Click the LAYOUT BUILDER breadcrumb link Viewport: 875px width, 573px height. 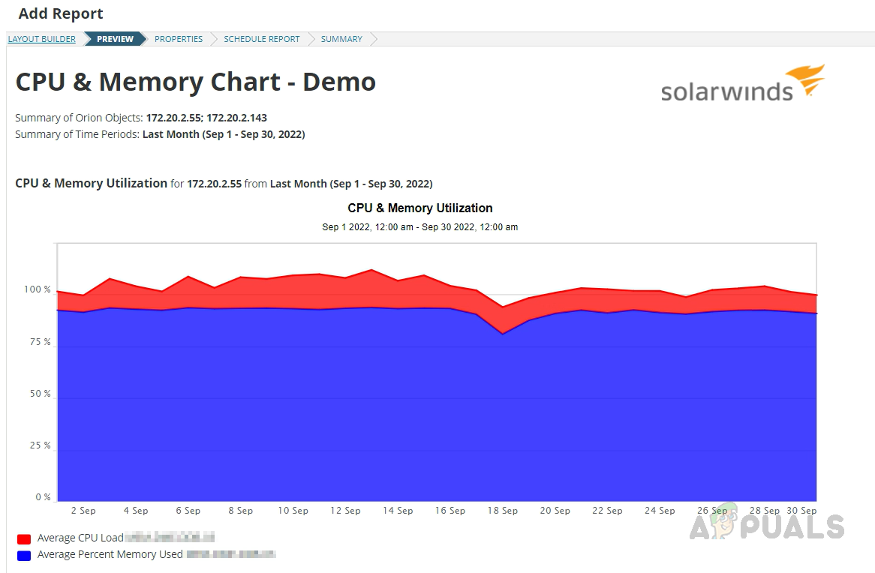(x=41, y=39)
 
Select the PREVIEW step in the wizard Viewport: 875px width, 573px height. (x=115, y=39)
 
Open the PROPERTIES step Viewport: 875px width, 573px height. (x=179, y=39)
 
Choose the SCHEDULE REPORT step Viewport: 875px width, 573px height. (x=261, y=39)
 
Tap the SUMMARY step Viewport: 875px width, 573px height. (x=341, y=39)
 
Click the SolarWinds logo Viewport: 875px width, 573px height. (x=742, y=83)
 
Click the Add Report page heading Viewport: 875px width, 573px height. (x=61, y=13)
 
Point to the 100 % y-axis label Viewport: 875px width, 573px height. (x=37, y=290)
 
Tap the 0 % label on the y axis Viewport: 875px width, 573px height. (x=42, y=497)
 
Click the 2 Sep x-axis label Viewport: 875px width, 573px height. (x=83, y=511)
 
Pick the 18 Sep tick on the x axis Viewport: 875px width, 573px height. (x=503, y=511)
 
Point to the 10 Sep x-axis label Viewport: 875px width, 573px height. (x=293, y=511)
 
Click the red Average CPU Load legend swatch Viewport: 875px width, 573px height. (x=24, y=538)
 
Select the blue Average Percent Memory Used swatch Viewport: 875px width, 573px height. (x=24, y=555)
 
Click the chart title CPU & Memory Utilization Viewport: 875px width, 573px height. (x=420, y=208)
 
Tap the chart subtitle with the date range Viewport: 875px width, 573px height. (x=420, y=226)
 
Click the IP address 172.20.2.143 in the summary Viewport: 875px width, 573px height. (x=236, y=118)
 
